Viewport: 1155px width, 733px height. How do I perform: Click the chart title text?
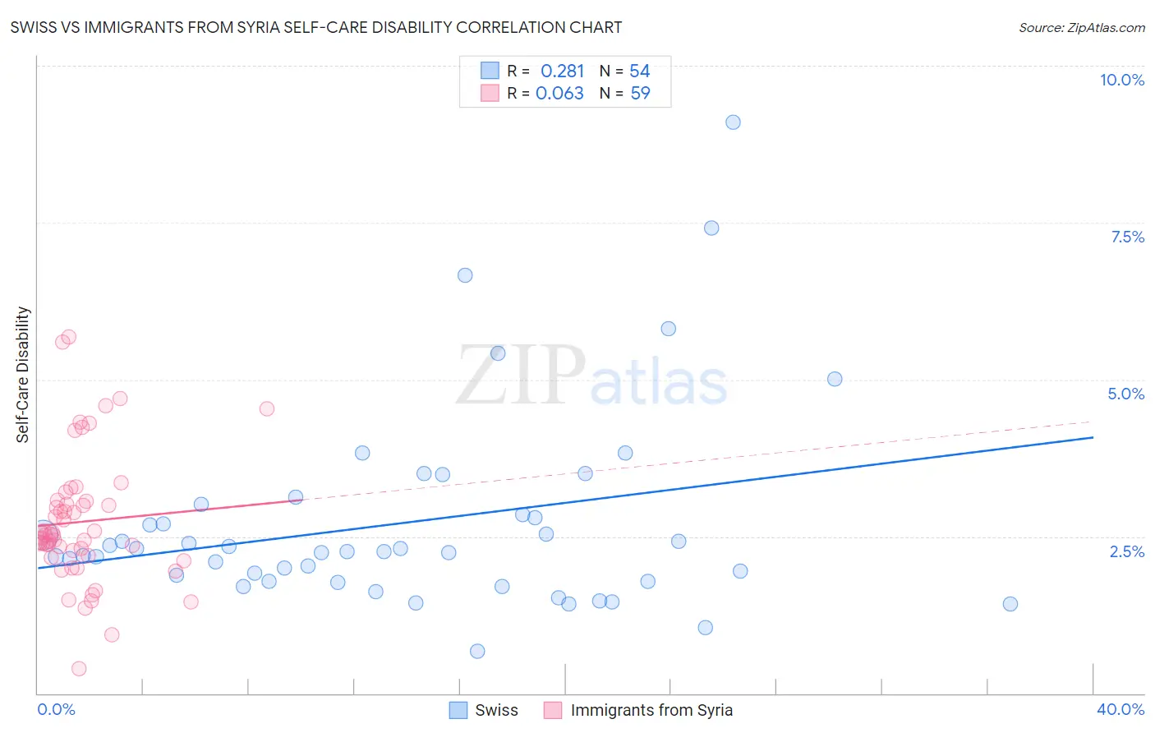[x=316, y=27]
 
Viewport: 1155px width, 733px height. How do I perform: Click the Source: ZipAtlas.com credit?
[x=1081, y=27]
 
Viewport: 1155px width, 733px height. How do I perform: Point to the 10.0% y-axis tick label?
[x=1121, y=80]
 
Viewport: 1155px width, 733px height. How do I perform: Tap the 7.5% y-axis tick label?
[x=1127, y=237]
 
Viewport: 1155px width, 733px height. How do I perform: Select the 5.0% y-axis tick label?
[x=1125, y=394]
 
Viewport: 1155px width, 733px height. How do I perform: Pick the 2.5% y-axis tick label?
[x=1126, y=551]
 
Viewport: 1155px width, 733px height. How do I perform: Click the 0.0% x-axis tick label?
[x=56, y=709]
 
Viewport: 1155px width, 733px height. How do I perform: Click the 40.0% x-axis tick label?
[x=1120, y=709]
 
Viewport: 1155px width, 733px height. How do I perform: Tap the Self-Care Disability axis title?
[x=23, y=375]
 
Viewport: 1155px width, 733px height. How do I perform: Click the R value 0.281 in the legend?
[x=562, y=71]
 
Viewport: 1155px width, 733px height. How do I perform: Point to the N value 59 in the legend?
[x=640, y=94]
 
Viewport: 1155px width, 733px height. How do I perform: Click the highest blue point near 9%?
[x=733, y=122]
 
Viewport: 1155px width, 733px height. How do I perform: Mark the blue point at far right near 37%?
[x=1010, y=604]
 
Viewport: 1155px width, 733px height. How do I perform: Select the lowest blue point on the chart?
[x=477, y=652]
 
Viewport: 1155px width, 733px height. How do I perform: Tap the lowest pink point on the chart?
[x=79, y=669]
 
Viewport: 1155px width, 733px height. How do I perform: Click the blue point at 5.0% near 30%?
[x=835, y=379]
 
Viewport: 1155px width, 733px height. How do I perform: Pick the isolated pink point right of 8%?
[x=266, y=408]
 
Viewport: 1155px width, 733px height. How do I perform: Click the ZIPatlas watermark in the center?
[x=591, y=376]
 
